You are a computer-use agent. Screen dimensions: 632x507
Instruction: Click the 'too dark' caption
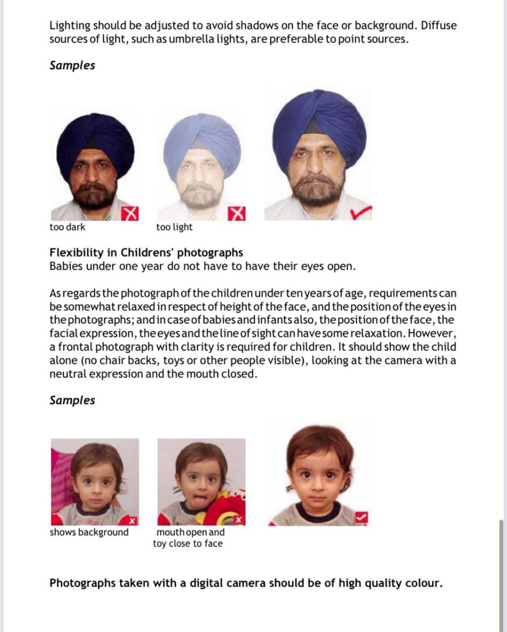pos(67,228)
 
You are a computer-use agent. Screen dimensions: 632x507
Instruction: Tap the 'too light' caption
pos(174,228)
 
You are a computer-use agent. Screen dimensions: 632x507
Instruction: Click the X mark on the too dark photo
pos(130,213)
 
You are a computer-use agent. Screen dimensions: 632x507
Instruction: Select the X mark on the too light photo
pos(238,213)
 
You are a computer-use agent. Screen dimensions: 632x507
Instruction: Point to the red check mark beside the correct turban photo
pos(360,212)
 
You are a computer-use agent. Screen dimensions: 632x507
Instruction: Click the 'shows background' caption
pos(89,532)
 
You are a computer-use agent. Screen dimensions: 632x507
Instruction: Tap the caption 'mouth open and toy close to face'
pos(189,538)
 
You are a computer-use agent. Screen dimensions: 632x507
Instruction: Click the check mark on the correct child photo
pos(361,518)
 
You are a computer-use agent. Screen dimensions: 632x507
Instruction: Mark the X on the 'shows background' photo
pos(133,521)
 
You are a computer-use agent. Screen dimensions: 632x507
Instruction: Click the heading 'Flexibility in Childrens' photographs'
pos(146,252)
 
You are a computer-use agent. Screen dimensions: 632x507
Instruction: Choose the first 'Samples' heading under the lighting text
pos(72,66)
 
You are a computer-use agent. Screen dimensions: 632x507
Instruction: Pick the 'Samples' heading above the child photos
pos(72,400)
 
